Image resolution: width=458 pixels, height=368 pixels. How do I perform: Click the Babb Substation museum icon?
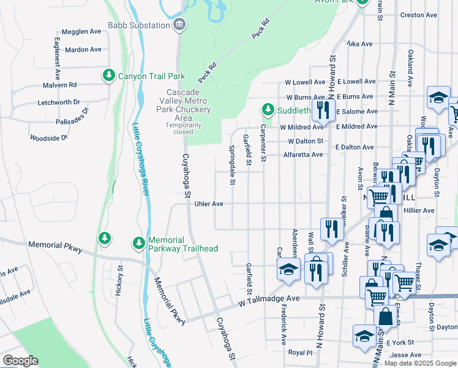[x=180, y=25]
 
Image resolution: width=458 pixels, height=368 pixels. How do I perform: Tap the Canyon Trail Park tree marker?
[x=109, y=75]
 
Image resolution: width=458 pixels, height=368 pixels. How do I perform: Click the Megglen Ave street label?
[x=81, y=31]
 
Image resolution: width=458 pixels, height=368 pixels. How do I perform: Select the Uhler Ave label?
[x=208, y=204]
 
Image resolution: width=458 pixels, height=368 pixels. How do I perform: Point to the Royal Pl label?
[x=300, y=353]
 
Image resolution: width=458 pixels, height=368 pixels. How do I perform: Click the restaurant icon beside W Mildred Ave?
[x=321, y=110]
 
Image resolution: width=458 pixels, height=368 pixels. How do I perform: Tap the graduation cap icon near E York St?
[x=364, y=335]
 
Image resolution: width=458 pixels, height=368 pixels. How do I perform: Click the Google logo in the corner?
[x=20, y=361]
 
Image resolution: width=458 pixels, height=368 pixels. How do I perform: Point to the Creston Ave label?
[x=418, y=15]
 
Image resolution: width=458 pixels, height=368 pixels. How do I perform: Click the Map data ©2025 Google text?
[x=419, y=363]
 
